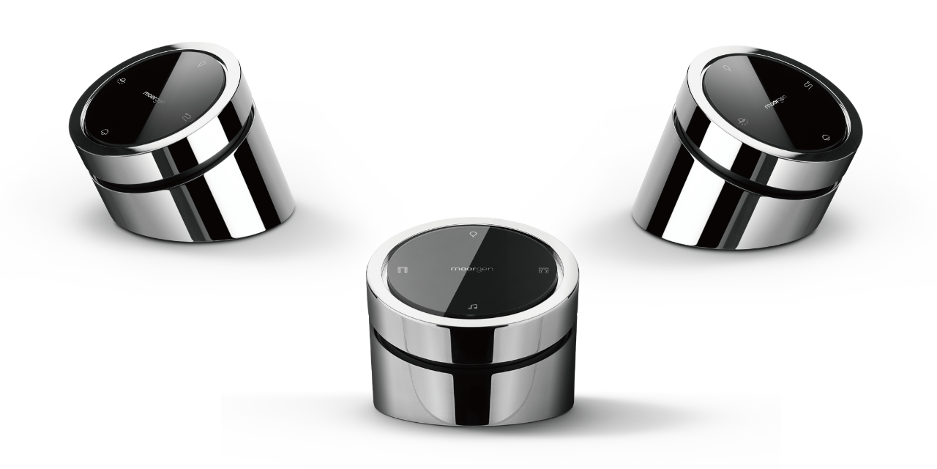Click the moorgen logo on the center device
point(472,268)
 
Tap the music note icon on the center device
point(473,307)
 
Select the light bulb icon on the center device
point(473,234)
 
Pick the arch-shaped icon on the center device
point(403,269)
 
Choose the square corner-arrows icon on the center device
point(543,270)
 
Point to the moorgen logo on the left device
point(154,98)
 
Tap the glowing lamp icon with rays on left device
point(121,81)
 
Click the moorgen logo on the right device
point(775,102)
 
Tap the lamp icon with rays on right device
point(743,122)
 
